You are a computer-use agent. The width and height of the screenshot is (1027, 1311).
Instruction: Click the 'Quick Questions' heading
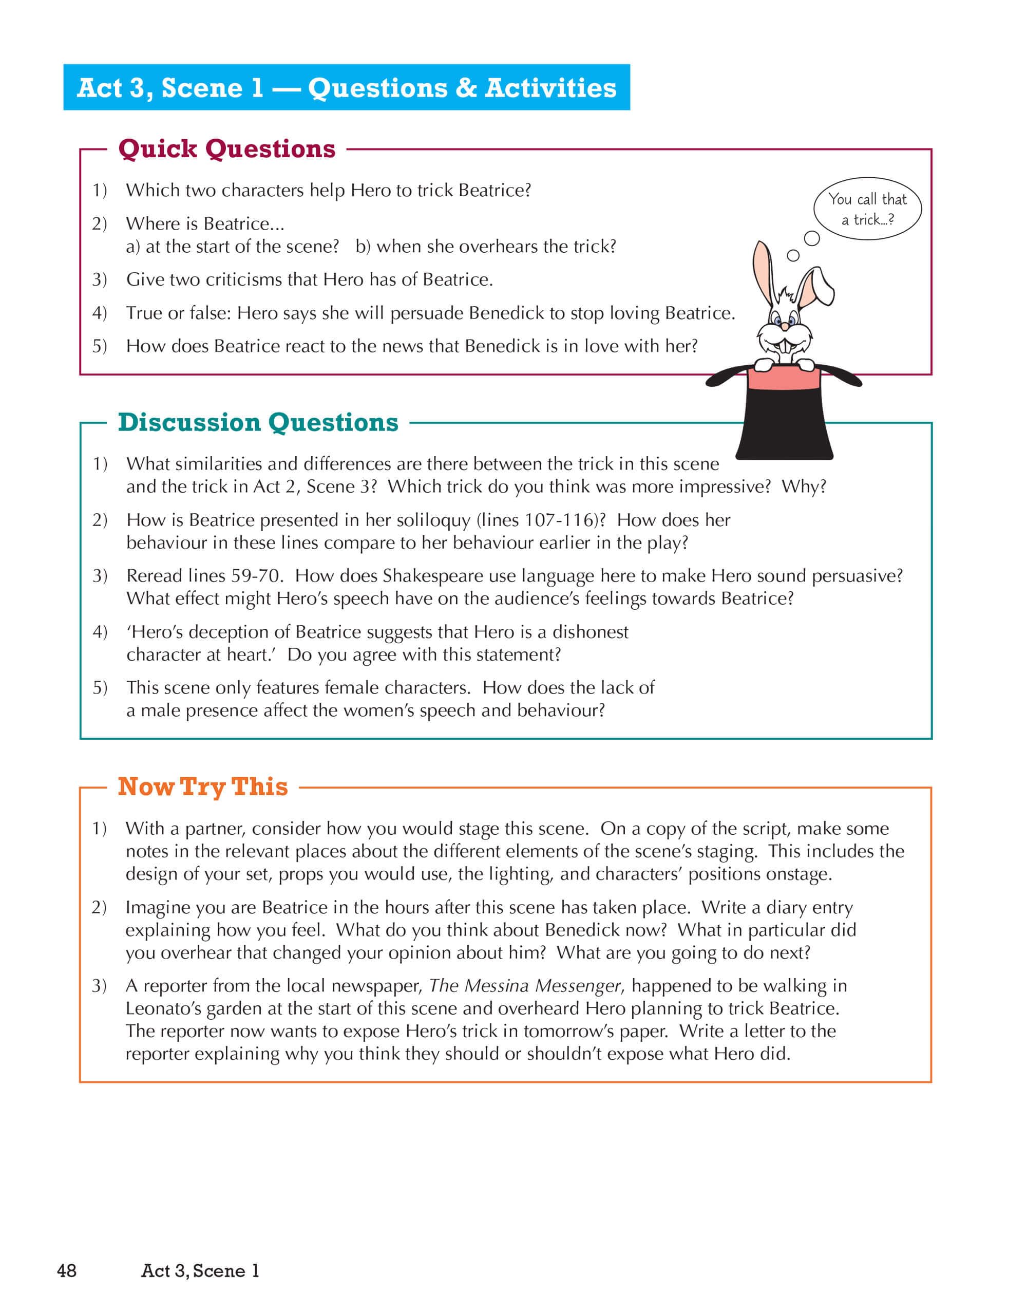tap(226, 149)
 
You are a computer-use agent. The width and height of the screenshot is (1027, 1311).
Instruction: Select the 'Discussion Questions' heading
tap(258, 423)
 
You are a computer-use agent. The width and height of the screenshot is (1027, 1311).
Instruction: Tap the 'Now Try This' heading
tap(203, 787)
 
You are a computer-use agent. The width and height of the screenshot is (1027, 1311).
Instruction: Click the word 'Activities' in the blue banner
tap(551, 88)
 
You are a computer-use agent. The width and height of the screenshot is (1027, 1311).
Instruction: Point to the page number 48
tap(67, 1270)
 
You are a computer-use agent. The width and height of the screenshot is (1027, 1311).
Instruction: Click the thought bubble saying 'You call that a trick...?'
tap(867, 209)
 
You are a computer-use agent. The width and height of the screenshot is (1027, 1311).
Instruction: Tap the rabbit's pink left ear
tap(763, 271)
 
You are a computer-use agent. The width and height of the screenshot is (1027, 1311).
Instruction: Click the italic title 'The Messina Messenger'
tap(524, 986)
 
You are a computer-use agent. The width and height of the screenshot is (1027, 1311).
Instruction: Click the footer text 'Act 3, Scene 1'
tap(200, 1270)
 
